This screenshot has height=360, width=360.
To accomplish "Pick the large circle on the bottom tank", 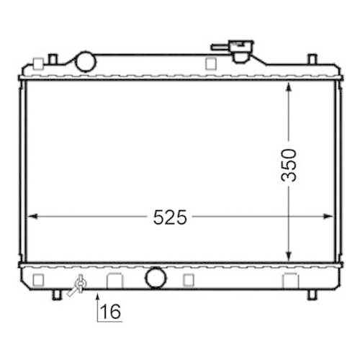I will (x=154, y=277).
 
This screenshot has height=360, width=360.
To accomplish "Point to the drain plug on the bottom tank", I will (x=78, y=287).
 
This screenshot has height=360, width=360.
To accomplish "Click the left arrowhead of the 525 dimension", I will (x=31, y=215).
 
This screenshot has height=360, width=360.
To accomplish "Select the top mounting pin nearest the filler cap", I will (x=311, y=59).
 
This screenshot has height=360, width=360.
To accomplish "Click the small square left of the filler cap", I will (x=210, y=63).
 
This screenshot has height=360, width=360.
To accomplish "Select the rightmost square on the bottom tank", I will (x=291, y=279).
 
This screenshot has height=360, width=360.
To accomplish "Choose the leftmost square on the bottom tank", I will (x=39, y=278).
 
